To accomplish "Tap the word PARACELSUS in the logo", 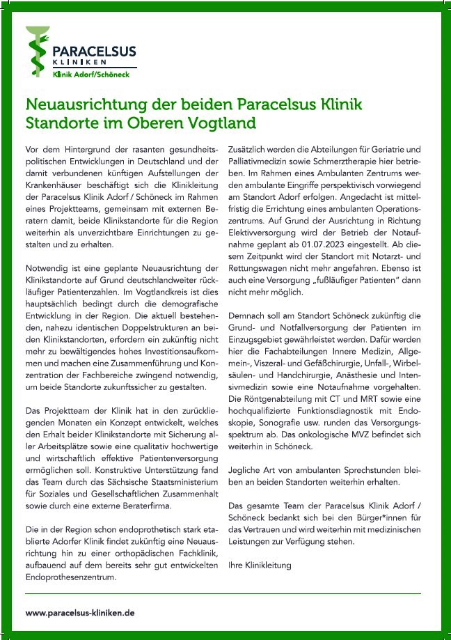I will [94, 50].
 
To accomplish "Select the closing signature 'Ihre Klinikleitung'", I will [260, 565].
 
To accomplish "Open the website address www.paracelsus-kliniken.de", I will [80, 613].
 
